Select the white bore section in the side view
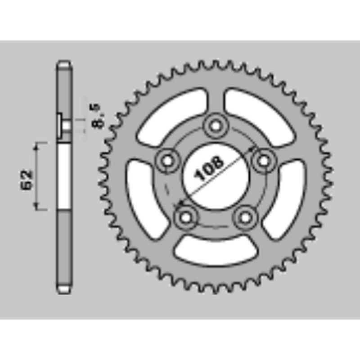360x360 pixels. click(x=64, y=175)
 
